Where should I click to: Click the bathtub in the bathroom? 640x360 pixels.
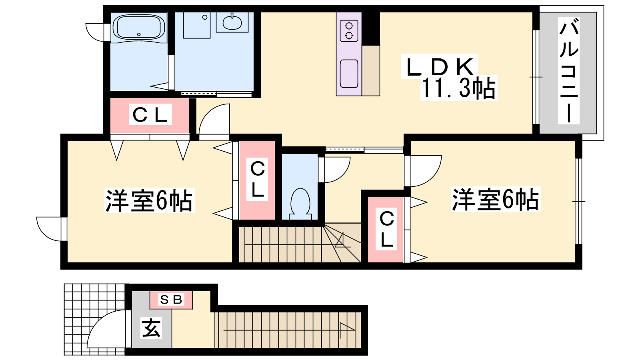pos(139,28)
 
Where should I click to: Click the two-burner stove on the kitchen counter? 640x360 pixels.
pos(349,31)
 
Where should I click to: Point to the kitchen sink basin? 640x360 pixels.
pos(349,74)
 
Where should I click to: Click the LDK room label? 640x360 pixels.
pos(440,67)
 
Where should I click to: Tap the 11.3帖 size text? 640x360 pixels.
pos(458,88)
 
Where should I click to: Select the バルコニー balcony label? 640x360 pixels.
pos(568,70)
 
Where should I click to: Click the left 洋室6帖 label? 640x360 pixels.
pos(149,200)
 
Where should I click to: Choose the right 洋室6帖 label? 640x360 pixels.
pos(496,199)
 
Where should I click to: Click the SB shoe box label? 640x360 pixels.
pos(171,300)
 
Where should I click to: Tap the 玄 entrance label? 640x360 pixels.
pos(151,328)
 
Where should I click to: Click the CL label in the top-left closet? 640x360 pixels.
pos(150,114)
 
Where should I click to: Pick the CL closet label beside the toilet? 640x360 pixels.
pos(257,179)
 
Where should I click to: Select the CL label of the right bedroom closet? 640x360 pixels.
pos(386,229)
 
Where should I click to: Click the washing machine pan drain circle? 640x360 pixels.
pos(204,18)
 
